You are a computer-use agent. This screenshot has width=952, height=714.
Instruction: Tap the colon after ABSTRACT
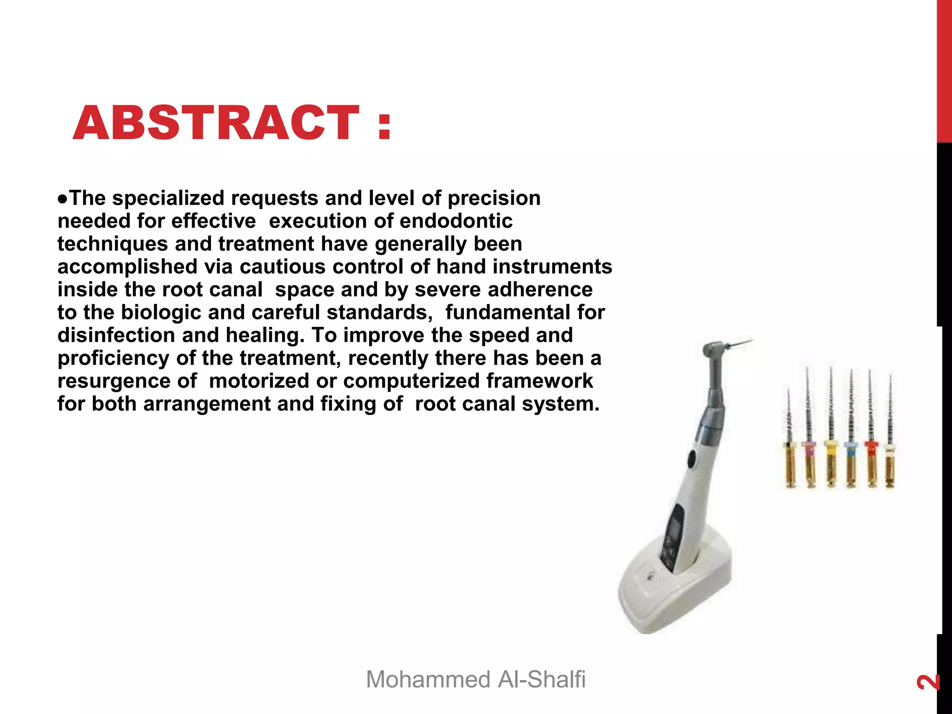click(x=384, y=126)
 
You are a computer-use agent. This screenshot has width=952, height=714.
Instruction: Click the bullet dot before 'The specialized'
click(x=63, y=199)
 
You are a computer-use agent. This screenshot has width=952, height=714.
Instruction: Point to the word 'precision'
click(x=494, y=198)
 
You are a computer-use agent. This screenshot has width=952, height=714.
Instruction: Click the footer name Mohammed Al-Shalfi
click(x=476, y=679)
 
